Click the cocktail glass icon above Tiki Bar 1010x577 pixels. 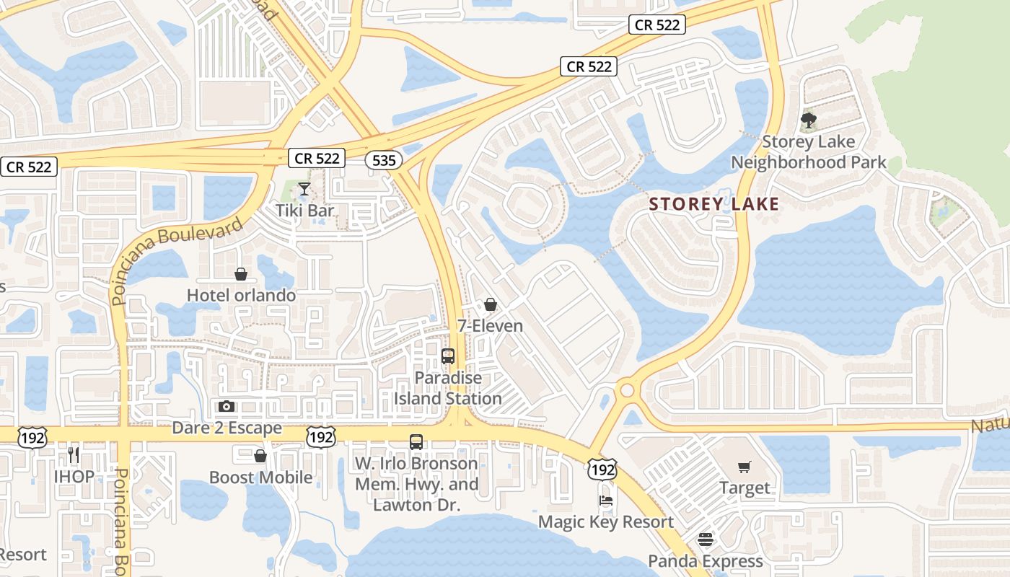(x=304, y=189)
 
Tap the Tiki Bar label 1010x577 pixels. (x=305, y=211)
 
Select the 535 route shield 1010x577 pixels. (x=384, y=160)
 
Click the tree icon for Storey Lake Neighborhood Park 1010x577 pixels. (x=809, y=120)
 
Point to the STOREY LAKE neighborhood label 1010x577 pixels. (x=713, y=204)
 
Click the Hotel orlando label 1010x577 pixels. (x=241, y=295)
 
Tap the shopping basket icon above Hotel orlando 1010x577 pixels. (x=241, y=274)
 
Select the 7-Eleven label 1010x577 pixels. (x=491, y=326)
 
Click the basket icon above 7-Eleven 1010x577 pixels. (x=491, y=304)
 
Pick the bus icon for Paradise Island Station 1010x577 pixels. (x=448, y=356)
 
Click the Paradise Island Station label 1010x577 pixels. (x=448, y=388)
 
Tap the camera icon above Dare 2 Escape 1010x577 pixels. (x=227, y=407)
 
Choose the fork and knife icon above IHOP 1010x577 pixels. (x=74, y=455)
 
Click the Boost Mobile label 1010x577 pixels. (x=260, y=477)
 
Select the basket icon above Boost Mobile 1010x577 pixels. (x=260, y=456)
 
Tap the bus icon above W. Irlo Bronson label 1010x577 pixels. (x=416, y=442)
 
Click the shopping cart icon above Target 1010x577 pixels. (x=745, y=467)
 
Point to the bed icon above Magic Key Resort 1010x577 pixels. (x=606, y=501)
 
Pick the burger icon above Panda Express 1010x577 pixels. (x=705, y=539)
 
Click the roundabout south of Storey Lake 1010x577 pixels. (x=625, y=390)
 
